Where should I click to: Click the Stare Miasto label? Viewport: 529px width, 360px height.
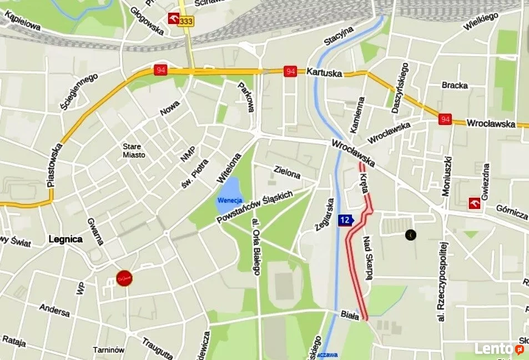tap(134, 151)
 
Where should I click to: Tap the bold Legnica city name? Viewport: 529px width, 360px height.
tap(66, 239)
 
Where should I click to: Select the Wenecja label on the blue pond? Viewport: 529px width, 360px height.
tap(229, 200)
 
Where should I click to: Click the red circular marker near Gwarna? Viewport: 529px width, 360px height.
tap(124, 278)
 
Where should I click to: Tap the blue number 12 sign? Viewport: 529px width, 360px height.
tap(345, 220)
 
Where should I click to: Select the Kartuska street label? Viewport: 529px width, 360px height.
tap(324, 72)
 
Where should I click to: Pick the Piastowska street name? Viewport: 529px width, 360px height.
tap(54, 166)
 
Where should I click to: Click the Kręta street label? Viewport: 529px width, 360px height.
tap(365, 182)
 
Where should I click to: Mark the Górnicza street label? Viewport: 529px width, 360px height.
tap(512, 211)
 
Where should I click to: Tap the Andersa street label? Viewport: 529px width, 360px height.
tap(54, 310)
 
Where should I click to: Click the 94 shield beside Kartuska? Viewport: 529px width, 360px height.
tap(290, 71)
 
